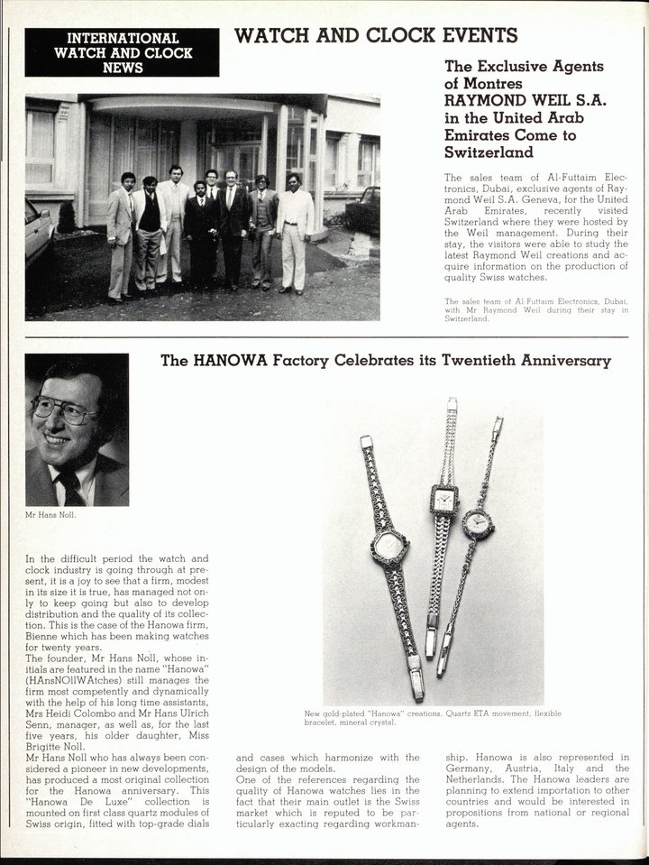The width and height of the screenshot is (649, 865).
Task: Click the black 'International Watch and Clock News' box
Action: point(123,52)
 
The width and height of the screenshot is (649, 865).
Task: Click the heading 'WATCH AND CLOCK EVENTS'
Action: point(376,36)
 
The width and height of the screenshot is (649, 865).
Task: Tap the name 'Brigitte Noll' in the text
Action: point(58,745)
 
